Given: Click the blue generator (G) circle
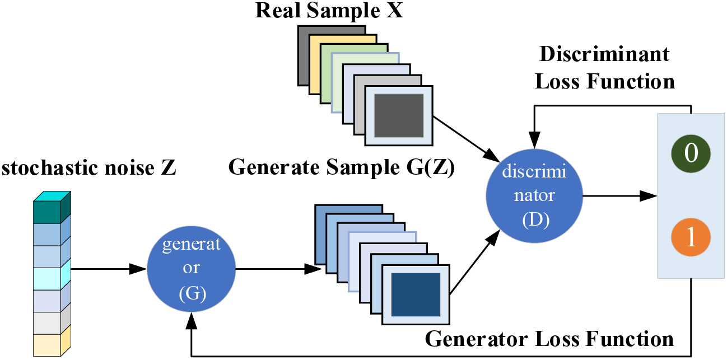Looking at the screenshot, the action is click(191, 269).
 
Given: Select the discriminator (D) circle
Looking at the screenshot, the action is click(534, 195).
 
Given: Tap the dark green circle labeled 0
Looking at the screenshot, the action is click(691, 153).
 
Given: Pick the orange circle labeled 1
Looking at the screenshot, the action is click(691, 237).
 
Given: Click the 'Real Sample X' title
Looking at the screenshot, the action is click(329, 11).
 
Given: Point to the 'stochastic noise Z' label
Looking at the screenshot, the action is click(88, 168).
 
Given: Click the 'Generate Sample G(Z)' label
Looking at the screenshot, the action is click(342, 167).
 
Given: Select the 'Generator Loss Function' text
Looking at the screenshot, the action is click(549, 339).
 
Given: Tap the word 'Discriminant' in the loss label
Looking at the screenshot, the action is click(604, 54).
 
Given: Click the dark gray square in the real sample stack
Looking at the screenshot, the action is click(399, 115).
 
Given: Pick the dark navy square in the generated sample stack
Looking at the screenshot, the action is click(416, 294).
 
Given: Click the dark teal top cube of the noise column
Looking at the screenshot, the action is click(52, 208).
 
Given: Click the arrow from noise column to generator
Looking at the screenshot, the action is click(109, 269).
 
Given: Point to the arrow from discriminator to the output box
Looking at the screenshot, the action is click(620, 196).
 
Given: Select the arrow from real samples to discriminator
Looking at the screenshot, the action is click(467, 139).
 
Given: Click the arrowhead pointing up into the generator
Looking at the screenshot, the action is click(192, 321).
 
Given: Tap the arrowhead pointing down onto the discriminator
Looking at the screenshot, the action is click(534, 140).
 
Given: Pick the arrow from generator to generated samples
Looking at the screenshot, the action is click(278, 269).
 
